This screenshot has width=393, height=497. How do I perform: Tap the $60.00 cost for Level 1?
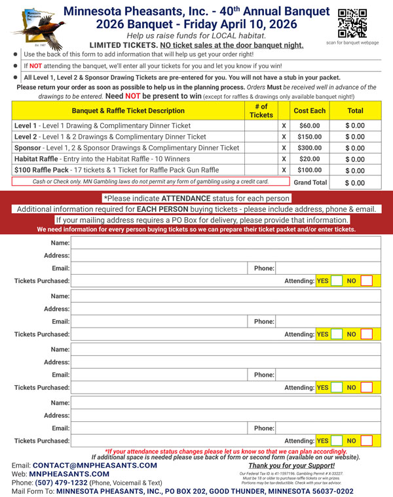[309, 126]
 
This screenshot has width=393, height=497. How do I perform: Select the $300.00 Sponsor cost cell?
[309, 148]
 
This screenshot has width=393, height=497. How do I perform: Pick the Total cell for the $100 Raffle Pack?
[355, 170]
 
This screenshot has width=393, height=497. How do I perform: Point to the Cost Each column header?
[309, 111]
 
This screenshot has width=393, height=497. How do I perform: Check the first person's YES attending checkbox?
[336, 281]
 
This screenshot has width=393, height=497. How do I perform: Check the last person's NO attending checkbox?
[367, 441]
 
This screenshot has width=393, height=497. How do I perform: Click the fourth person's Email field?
[160, 428]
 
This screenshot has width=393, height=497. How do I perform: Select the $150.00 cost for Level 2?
[309, 137]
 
